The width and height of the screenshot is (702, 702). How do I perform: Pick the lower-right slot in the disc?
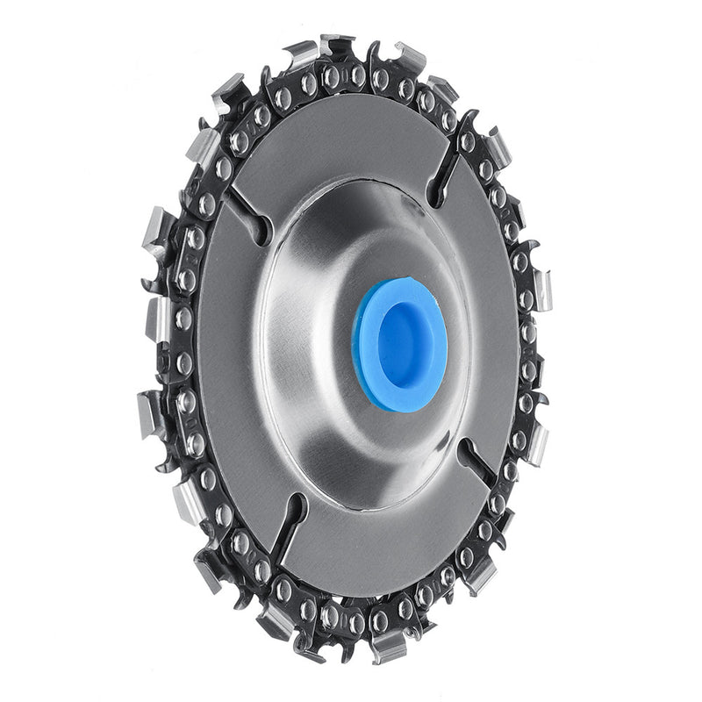[479, 460]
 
